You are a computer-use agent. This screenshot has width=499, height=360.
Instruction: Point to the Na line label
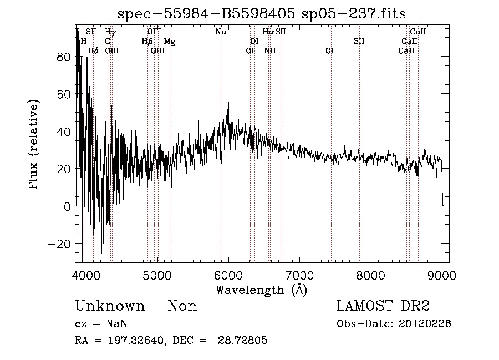click(x=221, y=32)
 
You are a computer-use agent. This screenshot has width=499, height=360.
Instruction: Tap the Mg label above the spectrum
click(x=170, y=42)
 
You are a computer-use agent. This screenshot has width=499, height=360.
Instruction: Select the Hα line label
click(x=268, y=32)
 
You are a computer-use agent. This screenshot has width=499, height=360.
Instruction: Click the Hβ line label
click(x=147, y=42)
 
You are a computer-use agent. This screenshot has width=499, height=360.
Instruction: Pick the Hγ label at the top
click(x=110, y=32)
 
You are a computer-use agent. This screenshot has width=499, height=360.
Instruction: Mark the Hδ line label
click(x=93, y=51)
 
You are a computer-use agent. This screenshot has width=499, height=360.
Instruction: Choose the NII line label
click(x=270, y=51)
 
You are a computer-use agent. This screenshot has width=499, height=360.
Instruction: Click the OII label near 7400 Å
click(x=331, y=51)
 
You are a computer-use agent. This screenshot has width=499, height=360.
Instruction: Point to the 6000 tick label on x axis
click(x=229, y=275)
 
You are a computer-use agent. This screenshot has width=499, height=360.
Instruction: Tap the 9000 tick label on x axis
click(x=442, y=275)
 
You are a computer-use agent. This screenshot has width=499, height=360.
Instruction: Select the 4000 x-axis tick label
click(x=86, y=275)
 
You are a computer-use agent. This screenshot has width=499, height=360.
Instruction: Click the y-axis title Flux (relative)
click(x=34, y=146)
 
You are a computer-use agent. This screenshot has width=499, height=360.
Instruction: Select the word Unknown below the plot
click(x=110, y=306)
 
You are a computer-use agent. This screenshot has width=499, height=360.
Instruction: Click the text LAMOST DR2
click(x=383, y=306)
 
